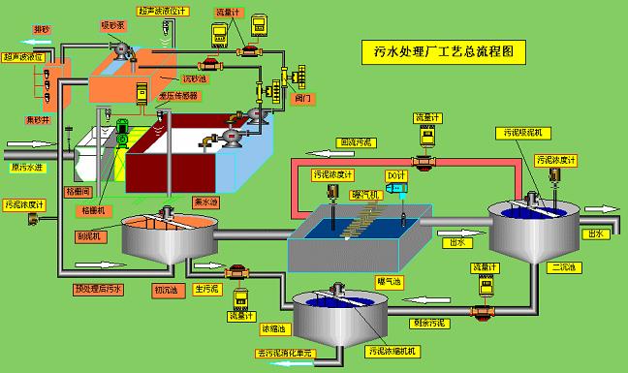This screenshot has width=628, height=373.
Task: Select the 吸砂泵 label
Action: [114, 24]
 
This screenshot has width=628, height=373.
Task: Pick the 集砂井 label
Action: [38, 119]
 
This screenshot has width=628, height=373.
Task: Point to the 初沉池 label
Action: [168, 289]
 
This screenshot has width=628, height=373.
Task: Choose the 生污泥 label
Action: [209, 289]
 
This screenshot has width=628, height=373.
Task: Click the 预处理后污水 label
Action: [99, 289]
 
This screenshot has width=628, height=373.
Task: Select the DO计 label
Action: [395, 174]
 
